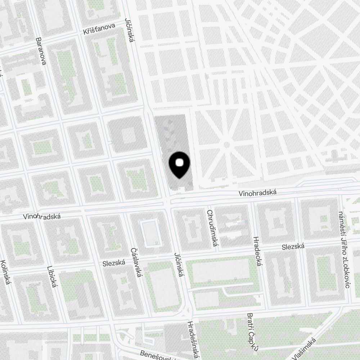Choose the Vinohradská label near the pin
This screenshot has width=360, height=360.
tap(257, 193)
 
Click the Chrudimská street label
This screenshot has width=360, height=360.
tap(211, 228)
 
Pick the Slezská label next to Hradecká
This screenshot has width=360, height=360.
tap(293, 247)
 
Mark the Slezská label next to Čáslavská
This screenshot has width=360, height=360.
tap(113, 263)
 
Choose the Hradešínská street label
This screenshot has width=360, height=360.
tap(193, 340)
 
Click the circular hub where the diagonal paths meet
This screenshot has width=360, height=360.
tap(226, 145)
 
